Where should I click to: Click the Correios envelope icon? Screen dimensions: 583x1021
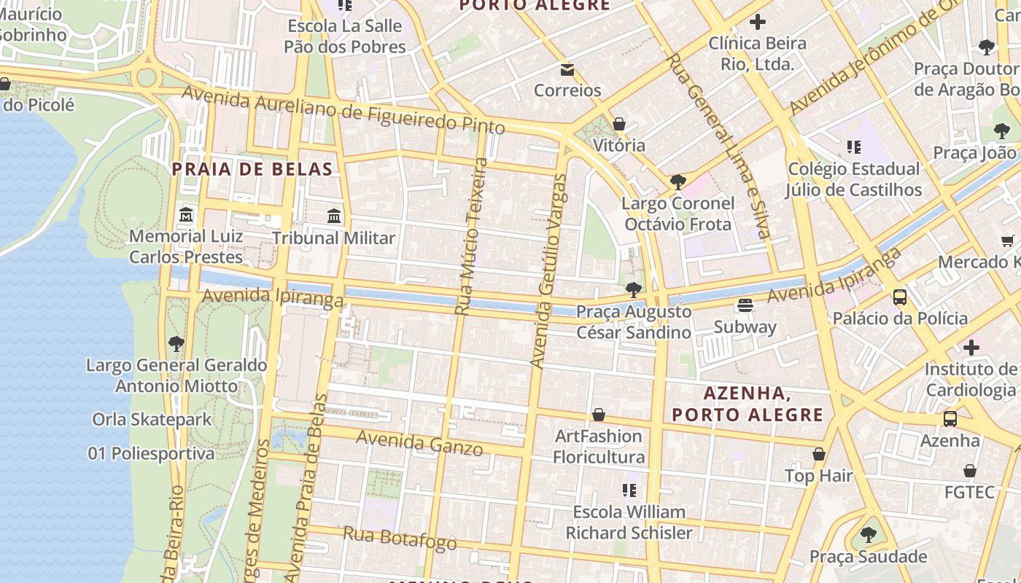[567, 70]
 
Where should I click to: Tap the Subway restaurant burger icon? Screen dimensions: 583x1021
[745, 305]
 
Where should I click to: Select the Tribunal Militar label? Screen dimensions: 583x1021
[334, 238]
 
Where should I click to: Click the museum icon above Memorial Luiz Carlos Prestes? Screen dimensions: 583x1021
[186, 215]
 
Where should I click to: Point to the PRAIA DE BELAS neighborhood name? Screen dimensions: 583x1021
[252, 169]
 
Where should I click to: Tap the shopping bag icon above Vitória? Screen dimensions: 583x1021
[619, 124]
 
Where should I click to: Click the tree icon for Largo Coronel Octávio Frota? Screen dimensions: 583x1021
[678, 181]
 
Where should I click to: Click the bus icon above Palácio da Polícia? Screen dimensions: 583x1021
[900, 297]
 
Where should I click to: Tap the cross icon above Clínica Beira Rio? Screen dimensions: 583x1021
[758, 22]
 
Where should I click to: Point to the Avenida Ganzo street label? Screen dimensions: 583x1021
[419, 442]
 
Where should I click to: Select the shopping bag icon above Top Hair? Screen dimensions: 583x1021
[819, 454]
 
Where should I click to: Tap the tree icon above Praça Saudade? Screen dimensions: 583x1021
[868, 535]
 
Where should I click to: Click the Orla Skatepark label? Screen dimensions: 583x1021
[152, 419]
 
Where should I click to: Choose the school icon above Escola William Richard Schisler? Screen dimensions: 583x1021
[629, 490]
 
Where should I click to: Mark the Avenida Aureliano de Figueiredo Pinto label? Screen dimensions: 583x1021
[343, 110]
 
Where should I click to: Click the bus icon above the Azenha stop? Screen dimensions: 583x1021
[950, 419]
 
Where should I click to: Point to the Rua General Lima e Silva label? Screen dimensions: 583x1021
[718, 146]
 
